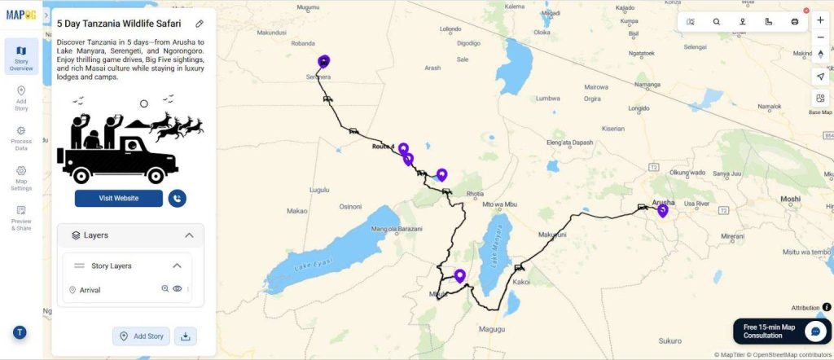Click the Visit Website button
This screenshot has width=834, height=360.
click(x=119, y=198)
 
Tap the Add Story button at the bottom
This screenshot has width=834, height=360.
click(x=142, y=336)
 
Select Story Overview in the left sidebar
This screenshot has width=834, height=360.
click(x=21, y=57)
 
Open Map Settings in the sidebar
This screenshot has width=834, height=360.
click(x=21, y=178)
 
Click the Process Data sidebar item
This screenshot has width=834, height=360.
click(x=21, y=138)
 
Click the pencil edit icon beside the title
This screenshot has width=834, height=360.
click(x=200, y=24)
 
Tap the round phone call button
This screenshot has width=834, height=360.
click(x=177, y=198)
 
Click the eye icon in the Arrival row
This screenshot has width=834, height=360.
click(x=178, y=289)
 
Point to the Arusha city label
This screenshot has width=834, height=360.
click(x=664, y=202)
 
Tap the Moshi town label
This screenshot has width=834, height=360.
click(x=790, y=199)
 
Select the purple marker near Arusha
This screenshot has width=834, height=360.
click(x=663, y=210)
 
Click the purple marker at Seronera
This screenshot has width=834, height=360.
click(x=324, y=61)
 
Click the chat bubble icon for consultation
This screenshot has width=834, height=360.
click(x=815, y=331)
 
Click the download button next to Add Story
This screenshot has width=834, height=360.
click(x=185, y=336)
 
